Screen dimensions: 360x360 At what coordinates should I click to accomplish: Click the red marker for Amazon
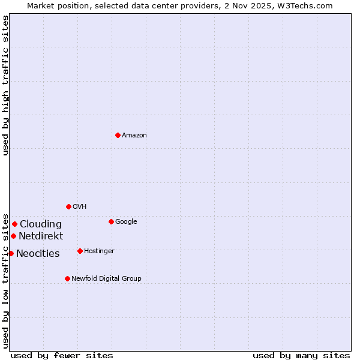tap(118, 135)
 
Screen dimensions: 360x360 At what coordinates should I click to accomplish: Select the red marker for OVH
tap(68, 206)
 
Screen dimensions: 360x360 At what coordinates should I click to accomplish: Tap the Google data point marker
tap(111, 221)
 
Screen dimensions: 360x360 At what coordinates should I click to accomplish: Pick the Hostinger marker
tap(80, 251)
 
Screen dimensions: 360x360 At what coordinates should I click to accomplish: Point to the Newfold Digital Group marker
tap(67, 278)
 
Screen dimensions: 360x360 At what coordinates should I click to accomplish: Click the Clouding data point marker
tap(14, 224)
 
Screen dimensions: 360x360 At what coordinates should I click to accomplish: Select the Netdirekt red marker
tap(13, 236)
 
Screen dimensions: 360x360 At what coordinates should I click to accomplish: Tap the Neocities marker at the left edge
tap(11, 253)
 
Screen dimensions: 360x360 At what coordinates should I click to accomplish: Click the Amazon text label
tap(134, 136)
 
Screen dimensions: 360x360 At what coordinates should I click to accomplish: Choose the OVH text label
tap(80, 207)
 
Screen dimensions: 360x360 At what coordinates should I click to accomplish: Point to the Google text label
tap(126, 222)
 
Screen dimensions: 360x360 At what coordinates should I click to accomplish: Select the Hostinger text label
tap(99, 251)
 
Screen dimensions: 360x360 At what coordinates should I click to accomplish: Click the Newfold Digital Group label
tap(106, 279)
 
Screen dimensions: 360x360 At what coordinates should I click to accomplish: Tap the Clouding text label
tap(41, 224)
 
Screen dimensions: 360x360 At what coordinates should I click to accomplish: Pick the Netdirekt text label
tap(41, 236)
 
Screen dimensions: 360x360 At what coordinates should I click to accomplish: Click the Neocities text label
tap(38, 254)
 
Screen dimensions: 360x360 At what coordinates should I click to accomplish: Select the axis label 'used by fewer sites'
tap(62, 355)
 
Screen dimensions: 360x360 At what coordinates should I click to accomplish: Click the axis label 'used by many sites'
tap(301, 355)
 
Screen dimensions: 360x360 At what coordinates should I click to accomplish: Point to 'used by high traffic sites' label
tap(5, 85)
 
